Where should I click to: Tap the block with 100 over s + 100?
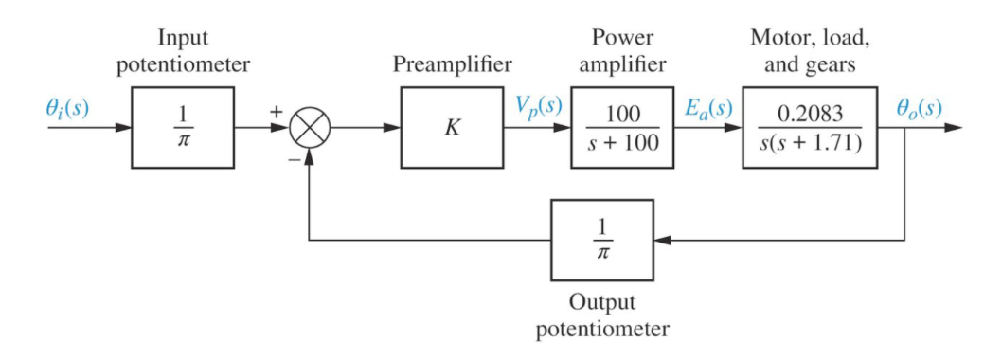point(619,128)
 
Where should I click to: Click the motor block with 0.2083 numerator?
point(810,128)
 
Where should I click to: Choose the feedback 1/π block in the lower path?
point(602,240)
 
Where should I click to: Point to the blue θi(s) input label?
point(67,106)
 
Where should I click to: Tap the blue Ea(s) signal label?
point(708,106)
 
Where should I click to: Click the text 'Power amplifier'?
point(621,52)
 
